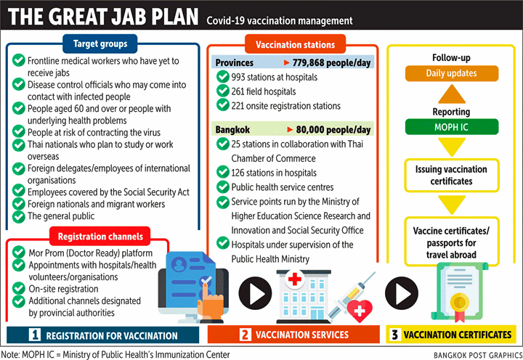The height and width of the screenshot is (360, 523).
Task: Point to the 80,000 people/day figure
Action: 334,130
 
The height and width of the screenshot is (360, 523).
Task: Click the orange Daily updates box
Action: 451,73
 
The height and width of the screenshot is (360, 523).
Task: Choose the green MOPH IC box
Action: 451,128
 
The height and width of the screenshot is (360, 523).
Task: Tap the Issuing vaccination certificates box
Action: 451,175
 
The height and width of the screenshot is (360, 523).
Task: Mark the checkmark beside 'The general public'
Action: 18,216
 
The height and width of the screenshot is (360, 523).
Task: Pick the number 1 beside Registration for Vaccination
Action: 33,335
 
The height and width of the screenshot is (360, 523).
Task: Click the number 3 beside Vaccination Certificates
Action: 394,335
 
